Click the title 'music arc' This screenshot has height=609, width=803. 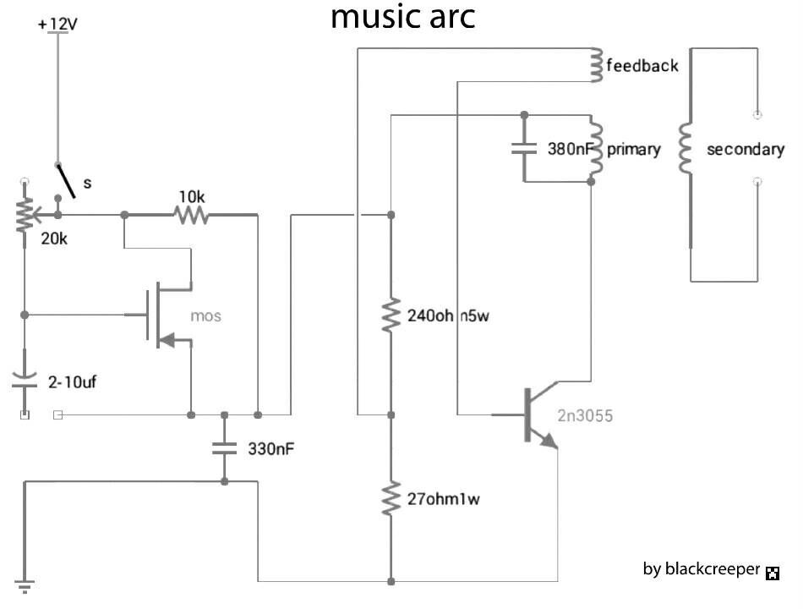pos(402,17)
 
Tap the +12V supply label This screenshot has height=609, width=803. pos(57,25)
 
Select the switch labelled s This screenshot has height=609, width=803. pos(65,181)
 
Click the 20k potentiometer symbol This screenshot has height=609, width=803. pos(25,215)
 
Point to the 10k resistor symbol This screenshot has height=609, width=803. pos(191,215)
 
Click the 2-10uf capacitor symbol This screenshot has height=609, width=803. pos(25,379)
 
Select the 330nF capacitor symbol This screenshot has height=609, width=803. pos(224,448)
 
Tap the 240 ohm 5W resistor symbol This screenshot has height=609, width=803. pos(391,315)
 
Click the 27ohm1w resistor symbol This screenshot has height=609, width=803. pos(391,499)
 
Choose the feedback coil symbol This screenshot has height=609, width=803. pos(596,64)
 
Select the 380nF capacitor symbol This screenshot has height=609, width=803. pos(524,149)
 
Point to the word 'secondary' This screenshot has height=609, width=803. pos(745,150)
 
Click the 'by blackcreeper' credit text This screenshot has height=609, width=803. pos(701,569)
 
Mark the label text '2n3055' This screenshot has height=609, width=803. pos(585,415)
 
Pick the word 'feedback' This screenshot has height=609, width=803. pos(642,65)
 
